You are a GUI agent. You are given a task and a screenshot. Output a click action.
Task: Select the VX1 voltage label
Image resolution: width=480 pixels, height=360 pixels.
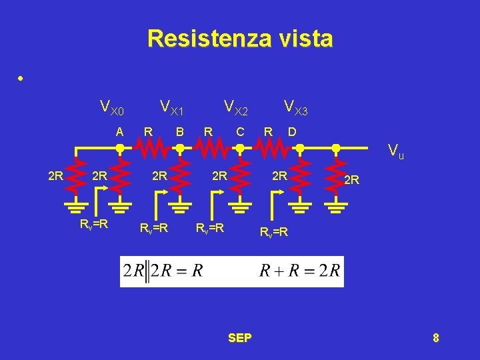coord(172,107)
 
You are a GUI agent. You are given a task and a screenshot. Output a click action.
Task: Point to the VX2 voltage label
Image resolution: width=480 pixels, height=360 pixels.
coord(236,107)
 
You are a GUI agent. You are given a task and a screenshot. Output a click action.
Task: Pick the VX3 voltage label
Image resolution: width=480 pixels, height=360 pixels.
coord(295,107)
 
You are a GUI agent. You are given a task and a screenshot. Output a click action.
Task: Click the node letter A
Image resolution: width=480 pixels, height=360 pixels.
coord(119,131)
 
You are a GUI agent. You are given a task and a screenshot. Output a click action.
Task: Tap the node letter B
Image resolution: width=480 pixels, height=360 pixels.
coord(179,131)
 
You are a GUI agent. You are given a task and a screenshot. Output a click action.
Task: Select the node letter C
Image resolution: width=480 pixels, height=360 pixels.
coord(240,131)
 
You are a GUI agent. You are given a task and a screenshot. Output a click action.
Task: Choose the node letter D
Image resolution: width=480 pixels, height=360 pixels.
coord(292,131)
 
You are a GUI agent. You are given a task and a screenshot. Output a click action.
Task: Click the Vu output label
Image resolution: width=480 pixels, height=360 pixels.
coord(396,153)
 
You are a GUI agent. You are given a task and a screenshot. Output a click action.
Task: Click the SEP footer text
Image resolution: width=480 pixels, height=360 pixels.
coord(240,338)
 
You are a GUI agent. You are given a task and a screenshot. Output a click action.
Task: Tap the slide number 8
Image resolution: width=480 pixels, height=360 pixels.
coord(435,338)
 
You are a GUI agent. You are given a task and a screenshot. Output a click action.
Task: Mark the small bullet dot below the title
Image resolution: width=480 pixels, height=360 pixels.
coord(21,79)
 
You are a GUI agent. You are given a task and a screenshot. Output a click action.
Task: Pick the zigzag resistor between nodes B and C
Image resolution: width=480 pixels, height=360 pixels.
coord(209,147)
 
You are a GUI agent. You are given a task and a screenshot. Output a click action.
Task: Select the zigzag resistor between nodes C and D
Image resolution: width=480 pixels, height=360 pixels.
coord(269,147)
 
